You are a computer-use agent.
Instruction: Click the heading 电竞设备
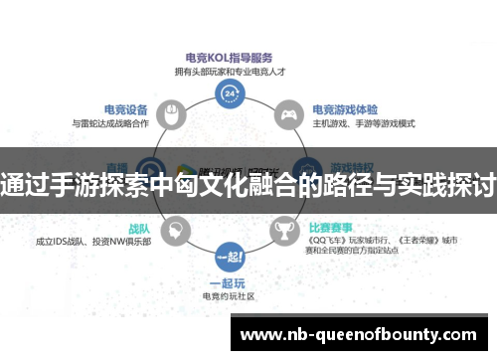(126, 109)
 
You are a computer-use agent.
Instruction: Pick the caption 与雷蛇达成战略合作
(110, 123)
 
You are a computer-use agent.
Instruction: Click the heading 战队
(139, 226)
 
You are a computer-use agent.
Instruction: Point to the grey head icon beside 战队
(174, 231)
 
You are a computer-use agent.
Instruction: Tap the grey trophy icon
(285, 231)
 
